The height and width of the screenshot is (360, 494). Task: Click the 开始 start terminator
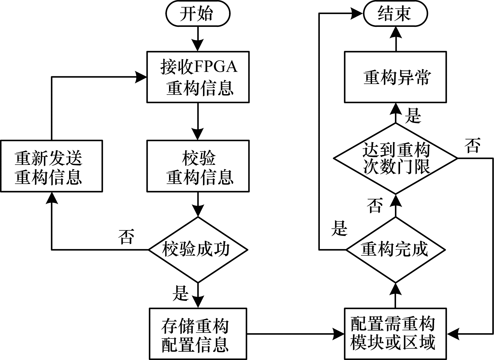(x=198, y=14)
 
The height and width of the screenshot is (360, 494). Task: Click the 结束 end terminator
(x=395, y=14)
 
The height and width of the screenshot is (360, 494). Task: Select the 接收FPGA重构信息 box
(x=198, y=77)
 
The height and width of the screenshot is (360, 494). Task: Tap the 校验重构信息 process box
(x=198, y=166)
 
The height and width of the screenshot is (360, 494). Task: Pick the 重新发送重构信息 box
(x=51, y=166)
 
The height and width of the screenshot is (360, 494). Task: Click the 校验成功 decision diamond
(x=198, y=250)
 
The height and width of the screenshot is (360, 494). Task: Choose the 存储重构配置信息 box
(x=198, y=334)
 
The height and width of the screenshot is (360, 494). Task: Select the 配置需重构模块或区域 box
(x=395, y=334)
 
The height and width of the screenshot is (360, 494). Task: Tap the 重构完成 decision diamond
(x=395, y=250)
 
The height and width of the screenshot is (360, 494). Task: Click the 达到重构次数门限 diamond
(x=395, y=158)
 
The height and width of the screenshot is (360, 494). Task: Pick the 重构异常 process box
(x=395, y=77)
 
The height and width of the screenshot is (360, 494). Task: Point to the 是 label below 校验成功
(x=180, y=293)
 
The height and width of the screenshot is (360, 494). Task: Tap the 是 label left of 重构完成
(x=339, y=229)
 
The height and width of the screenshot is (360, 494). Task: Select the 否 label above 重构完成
(x=375, y=205)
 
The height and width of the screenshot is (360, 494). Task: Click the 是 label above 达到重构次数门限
(x=413, y=115)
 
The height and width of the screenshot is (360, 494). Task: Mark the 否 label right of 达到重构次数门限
(x=472, y=146)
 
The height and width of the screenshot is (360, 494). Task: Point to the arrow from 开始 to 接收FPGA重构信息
(x=198, y=39)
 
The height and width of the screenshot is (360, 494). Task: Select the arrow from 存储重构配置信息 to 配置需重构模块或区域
(x=295, y=333)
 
